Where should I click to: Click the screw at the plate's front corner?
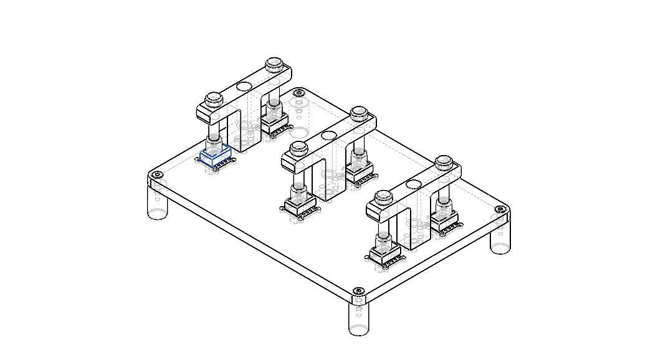(358, 291)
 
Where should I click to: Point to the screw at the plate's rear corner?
(299, 93)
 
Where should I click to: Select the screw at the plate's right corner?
(499, 210)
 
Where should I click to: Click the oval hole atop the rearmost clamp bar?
(244, 86)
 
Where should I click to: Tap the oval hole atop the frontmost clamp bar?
(414, 184)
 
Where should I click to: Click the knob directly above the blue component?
(214, 99)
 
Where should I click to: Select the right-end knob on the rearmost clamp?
(274, 64)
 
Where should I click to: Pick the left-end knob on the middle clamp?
(299, 149)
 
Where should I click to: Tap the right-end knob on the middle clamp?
(358, 113)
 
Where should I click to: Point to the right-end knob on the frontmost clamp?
(444, 163)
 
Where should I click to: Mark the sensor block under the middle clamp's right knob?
(360, 171)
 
